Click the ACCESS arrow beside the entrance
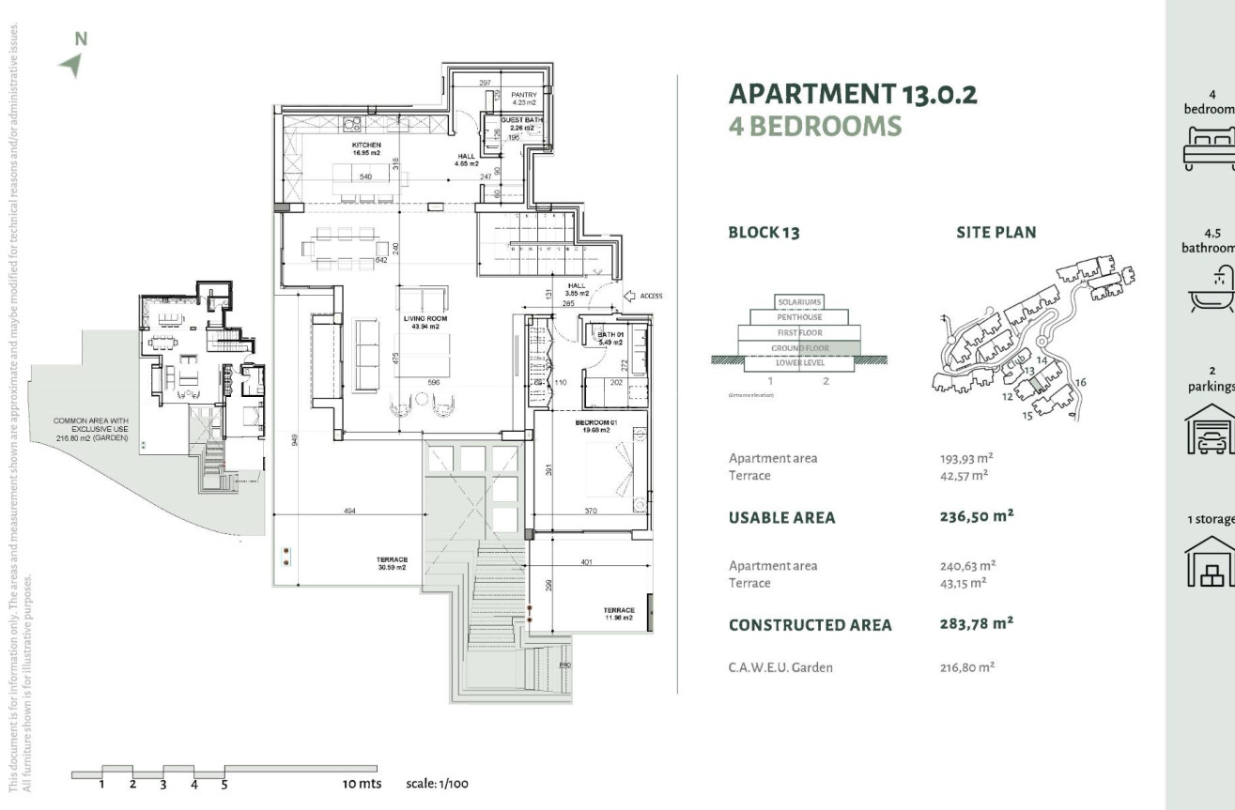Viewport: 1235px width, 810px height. pos(630,296)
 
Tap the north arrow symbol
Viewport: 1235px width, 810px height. pos(70,64)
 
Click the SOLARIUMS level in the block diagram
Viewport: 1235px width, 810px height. pos(799,302)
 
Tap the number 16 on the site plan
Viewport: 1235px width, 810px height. pos(1081,382)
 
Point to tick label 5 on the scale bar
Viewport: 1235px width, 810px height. pos(224,785)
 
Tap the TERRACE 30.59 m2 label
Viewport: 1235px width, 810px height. pos(393,563)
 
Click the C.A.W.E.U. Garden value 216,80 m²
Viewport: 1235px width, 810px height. pos(966,668)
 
